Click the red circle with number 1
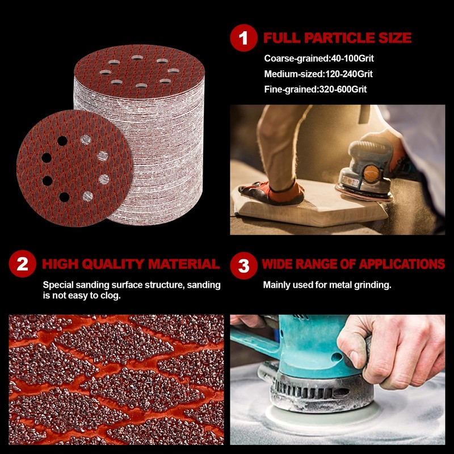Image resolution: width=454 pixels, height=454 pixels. coord(243,39)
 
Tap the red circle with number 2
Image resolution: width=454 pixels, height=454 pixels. coord(23,265)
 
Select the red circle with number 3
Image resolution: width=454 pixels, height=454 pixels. coord(243,265)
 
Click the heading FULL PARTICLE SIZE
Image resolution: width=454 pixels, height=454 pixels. coord(337,39)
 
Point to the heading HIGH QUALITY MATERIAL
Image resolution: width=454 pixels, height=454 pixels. coord(131,264)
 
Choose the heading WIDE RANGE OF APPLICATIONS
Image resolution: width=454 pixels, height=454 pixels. coord(353,264)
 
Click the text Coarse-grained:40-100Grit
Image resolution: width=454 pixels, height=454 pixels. coord(319,58)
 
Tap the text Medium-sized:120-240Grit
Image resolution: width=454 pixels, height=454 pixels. coord(318,74)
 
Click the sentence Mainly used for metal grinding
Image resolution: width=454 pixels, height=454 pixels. coord(327,285)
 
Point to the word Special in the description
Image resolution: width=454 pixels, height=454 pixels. coord(59,285)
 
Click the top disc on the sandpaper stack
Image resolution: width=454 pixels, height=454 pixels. coord(138,72)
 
